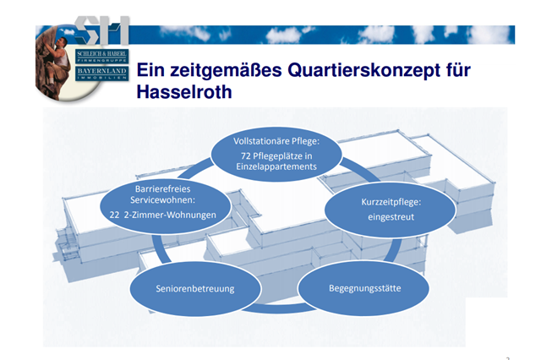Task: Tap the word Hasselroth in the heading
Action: point(184,92)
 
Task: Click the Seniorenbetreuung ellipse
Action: point(195,289)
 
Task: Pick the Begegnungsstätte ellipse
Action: point(364,288)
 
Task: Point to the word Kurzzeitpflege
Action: point(390,202)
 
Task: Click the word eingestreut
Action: point(391,217)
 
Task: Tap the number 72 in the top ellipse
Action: point(246,156)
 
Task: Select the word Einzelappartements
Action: point(276,166)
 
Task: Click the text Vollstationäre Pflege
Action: point(276,141)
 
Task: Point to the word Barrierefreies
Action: point(163,189)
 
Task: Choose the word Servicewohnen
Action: point(161,200)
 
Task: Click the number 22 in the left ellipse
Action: point(115,215)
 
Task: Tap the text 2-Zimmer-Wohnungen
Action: point(170,215)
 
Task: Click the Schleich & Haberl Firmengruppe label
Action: point(101,57)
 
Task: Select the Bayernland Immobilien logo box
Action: point(101,74)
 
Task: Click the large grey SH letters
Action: point(101,30)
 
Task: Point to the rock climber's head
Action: point(61,42)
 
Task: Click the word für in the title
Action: point(458,70)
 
